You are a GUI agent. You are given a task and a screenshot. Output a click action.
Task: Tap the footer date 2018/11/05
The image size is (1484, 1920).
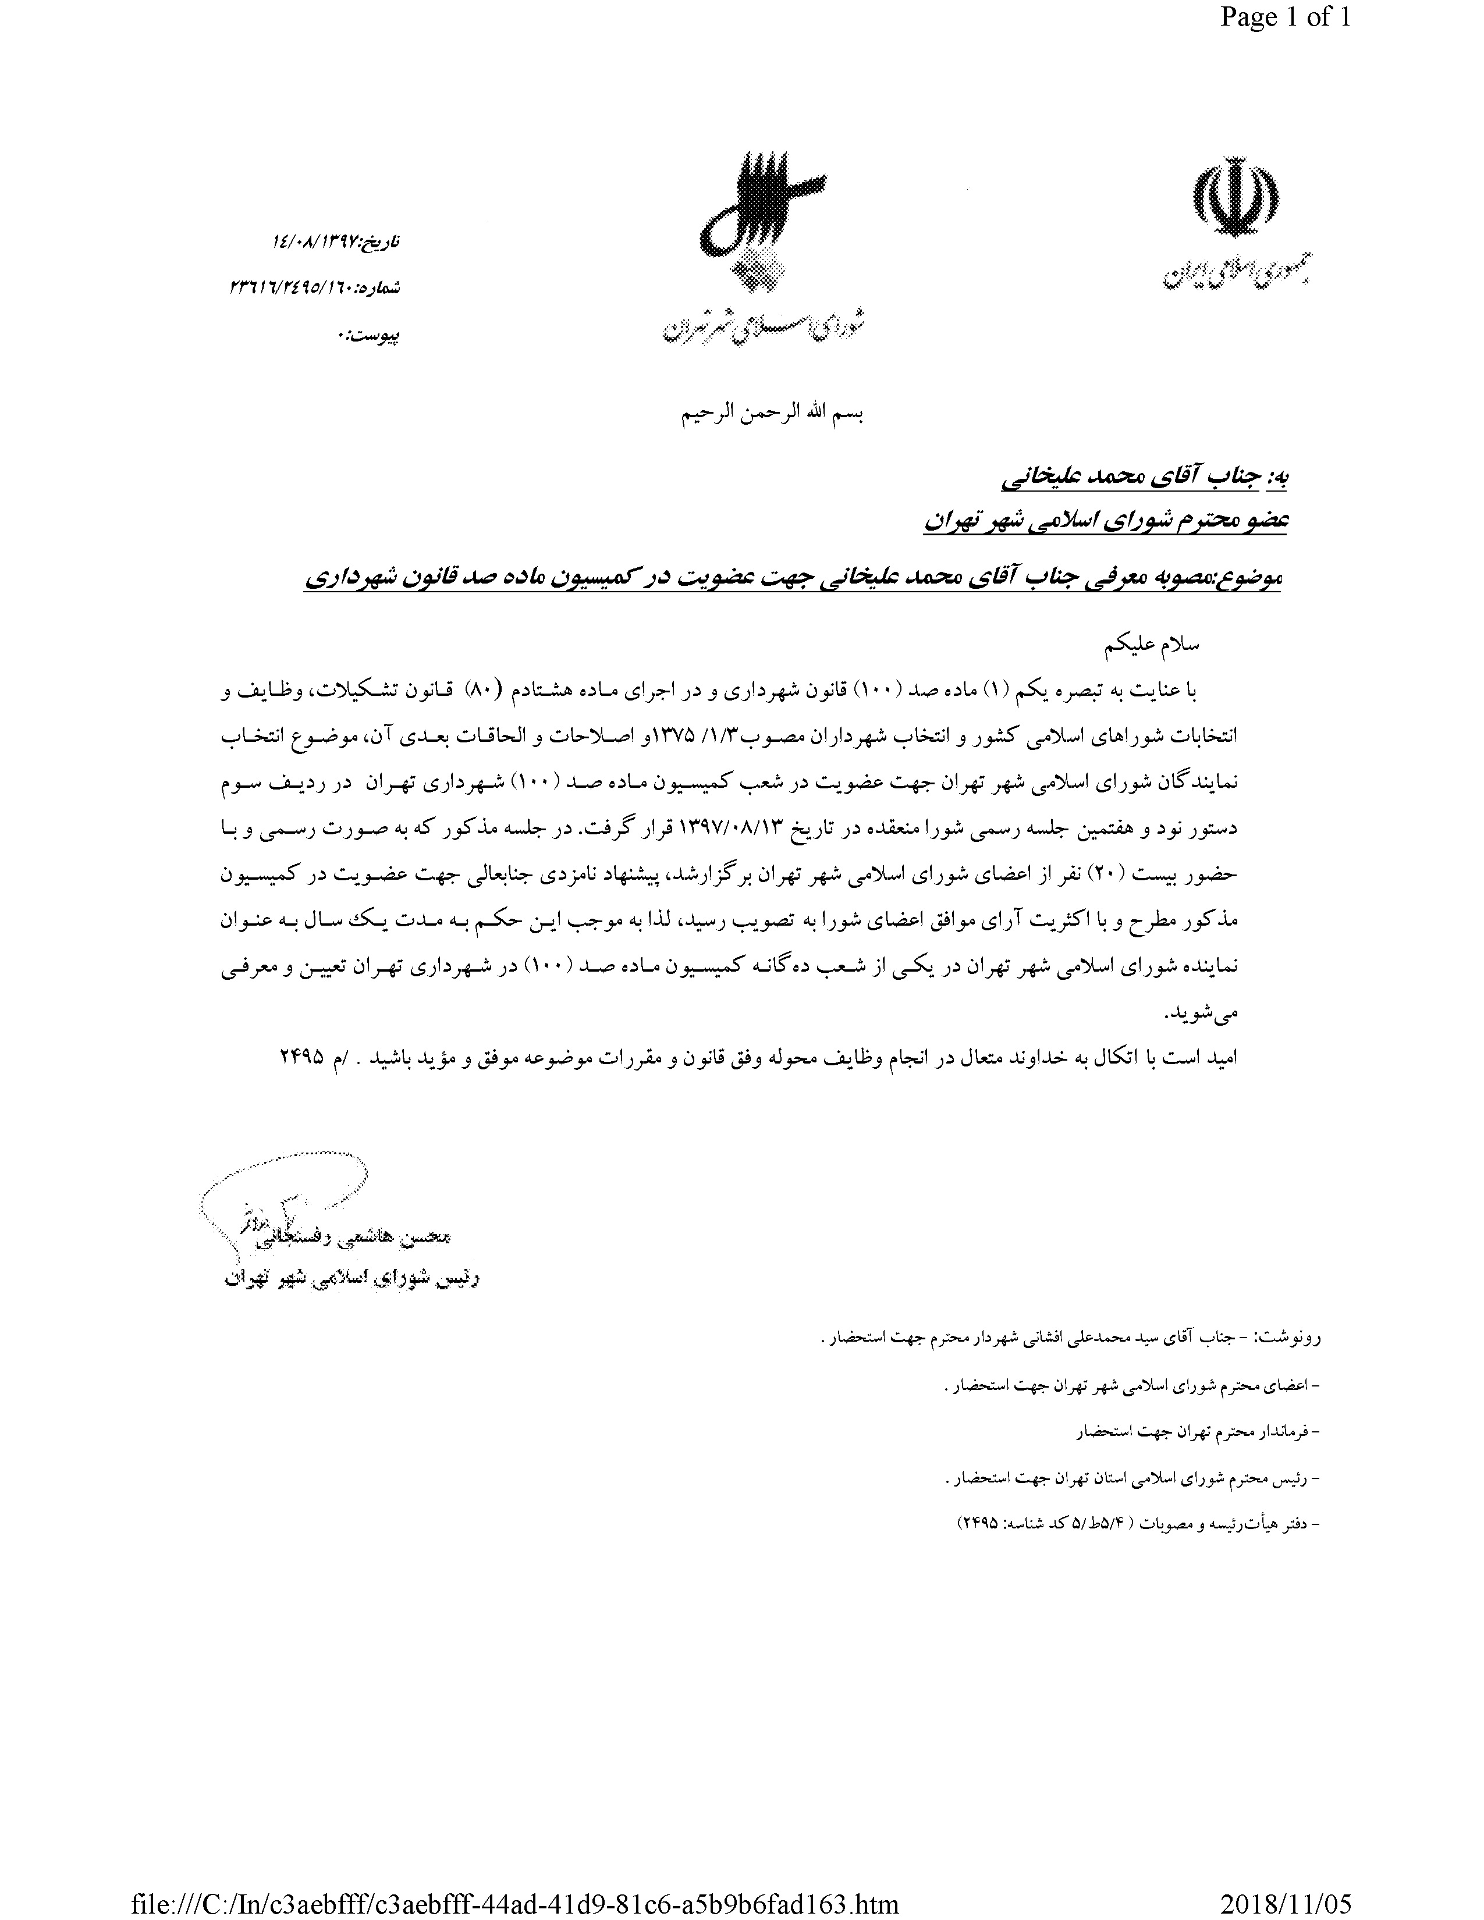pyautogui.click(x=1284, y=1901)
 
